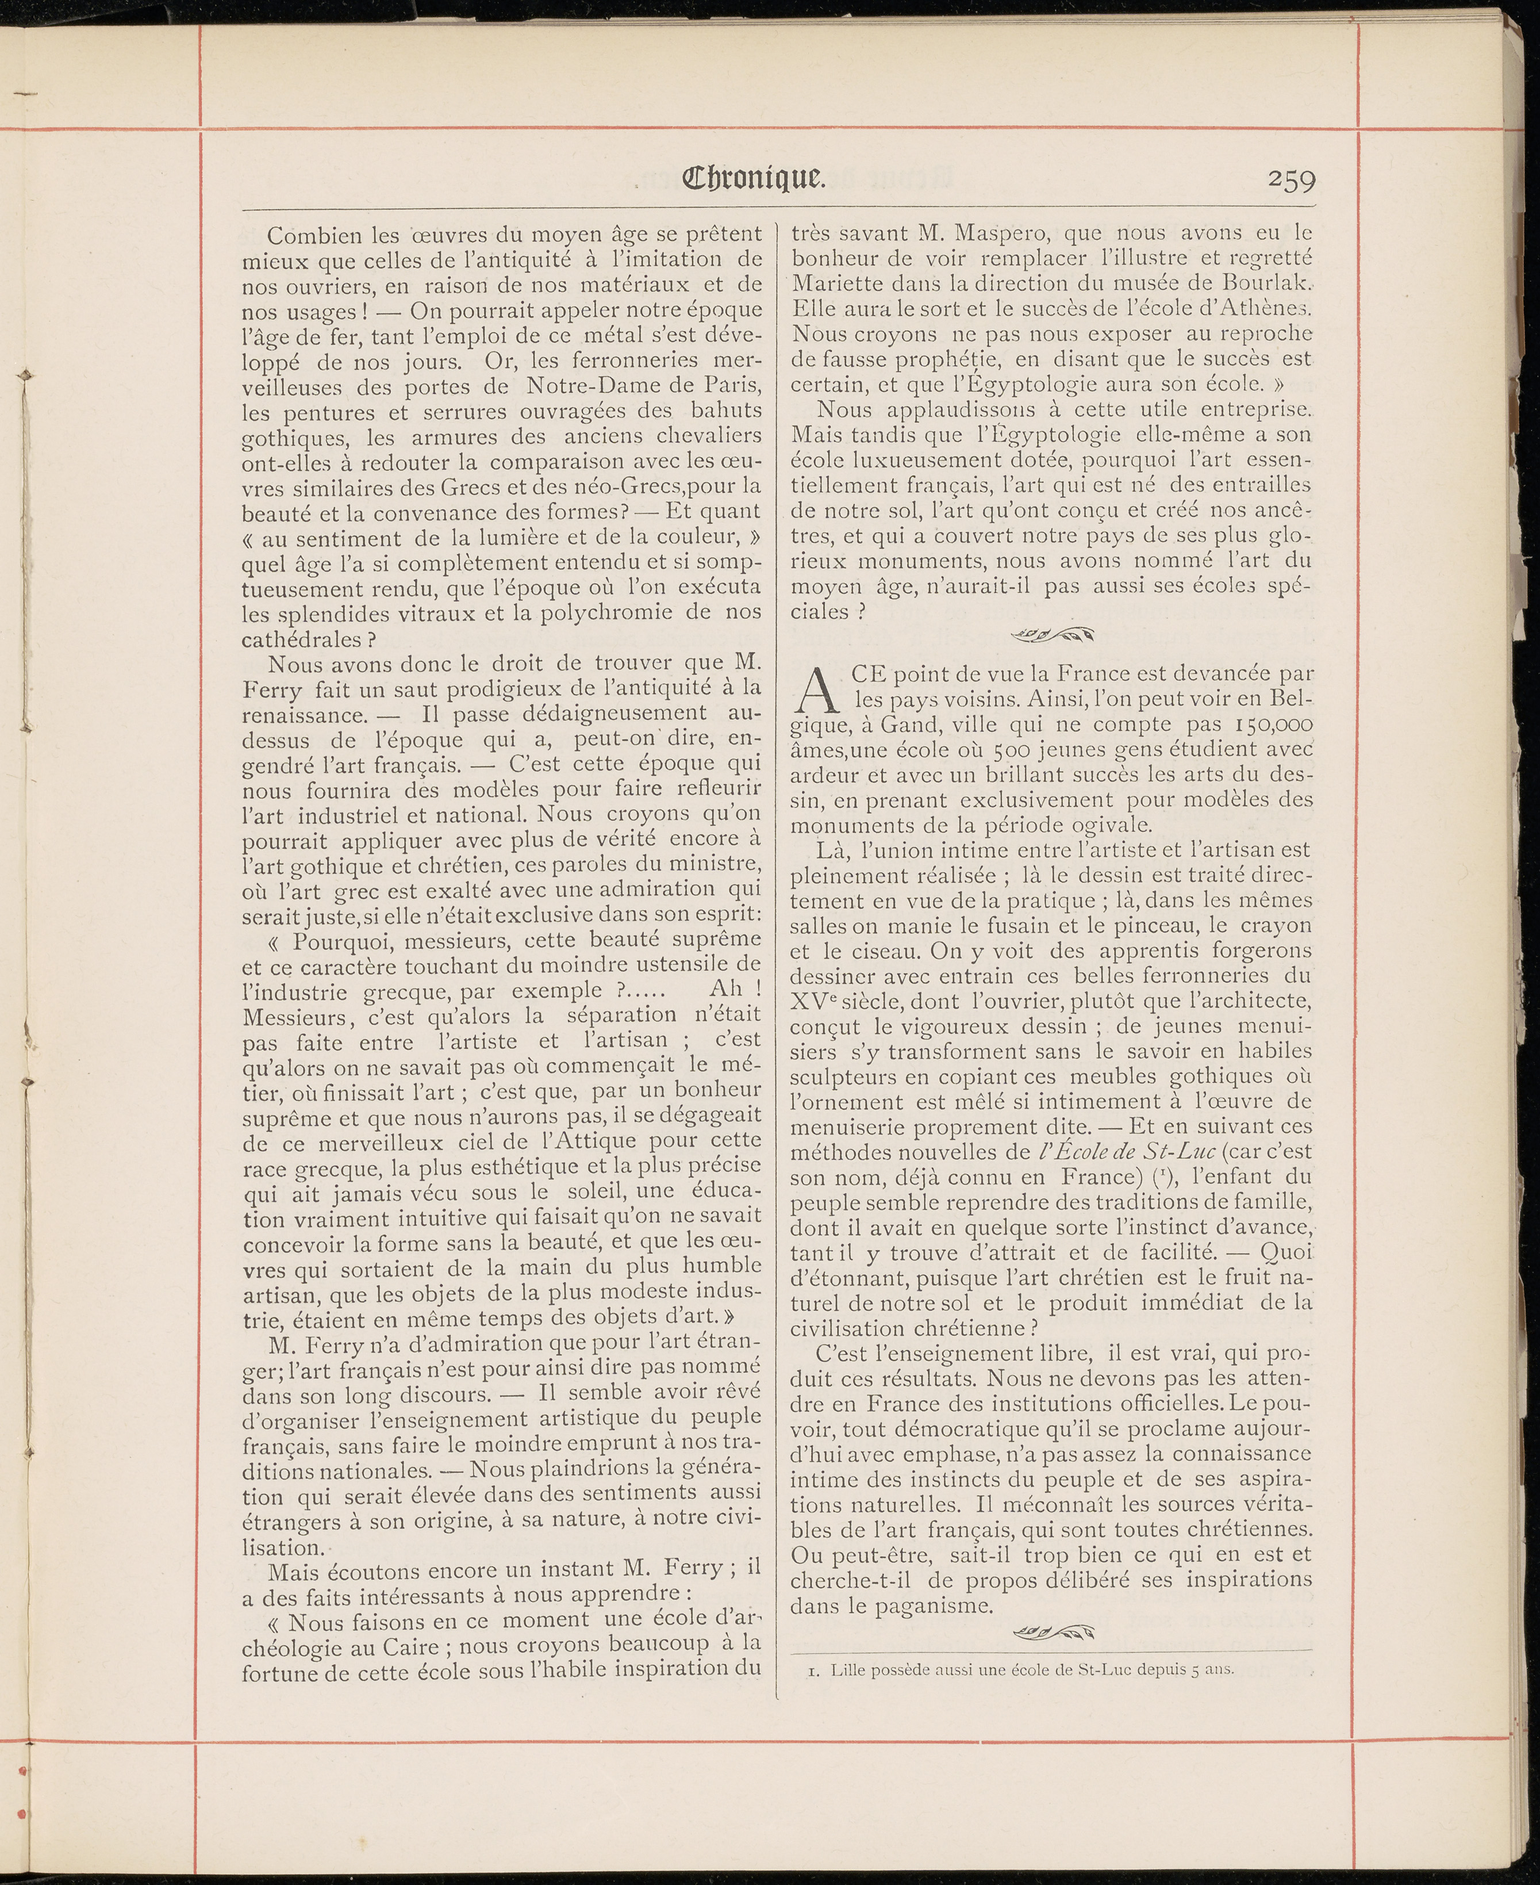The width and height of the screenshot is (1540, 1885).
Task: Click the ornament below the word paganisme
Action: click(1053, 1631)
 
